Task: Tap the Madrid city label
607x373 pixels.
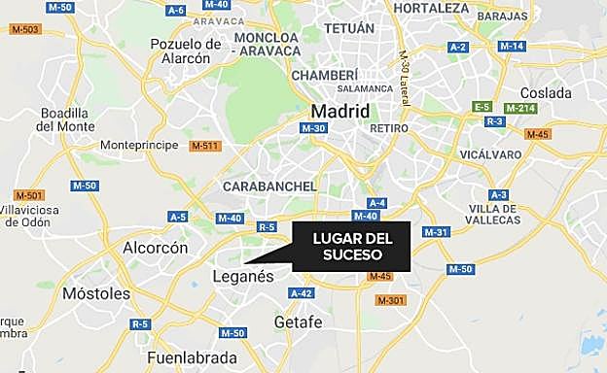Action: coord(339,111)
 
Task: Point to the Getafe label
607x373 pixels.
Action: coord(298,322)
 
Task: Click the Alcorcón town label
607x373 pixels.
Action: coord(155,248)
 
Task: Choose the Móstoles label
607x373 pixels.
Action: coord(95,292)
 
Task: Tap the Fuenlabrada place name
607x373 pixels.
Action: coord(191,357)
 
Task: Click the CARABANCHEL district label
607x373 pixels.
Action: coord(270,186)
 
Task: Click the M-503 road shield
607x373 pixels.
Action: coord(26,30)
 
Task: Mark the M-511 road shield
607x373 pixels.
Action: coord(206,147)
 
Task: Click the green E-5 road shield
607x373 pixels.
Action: coord(482,106)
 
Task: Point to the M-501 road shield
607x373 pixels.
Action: coord(25,194)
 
